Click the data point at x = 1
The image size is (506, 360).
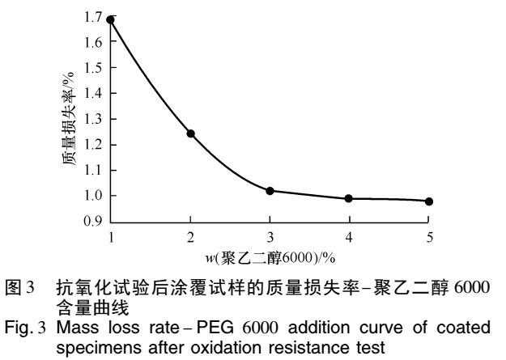coord(111,19)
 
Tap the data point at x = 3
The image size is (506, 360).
coord(270,191)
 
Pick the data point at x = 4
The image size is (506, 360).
coord(349,198)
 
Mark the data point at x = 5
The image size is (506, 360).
coord(429,201)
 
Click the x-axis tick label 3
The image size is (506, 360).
coord(270,235)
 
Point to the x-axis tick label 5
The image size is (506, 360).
coord(429,235)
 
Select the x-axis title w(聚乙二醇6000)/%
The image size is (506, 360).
coord(270,256)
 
